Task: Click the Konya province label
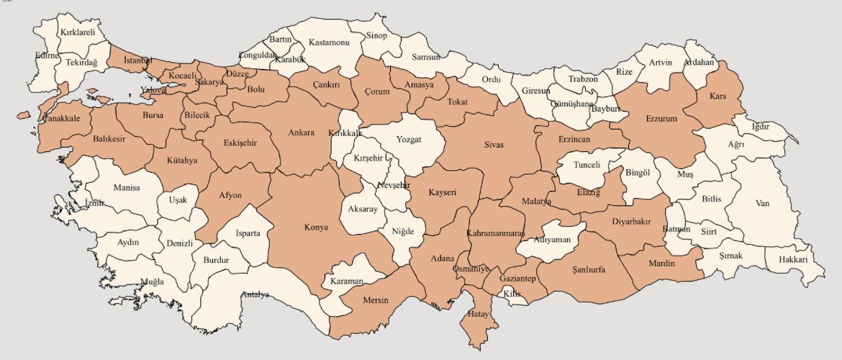pyautogui.click(x=317, y=228)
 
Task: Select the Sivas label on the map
pyautogui.click(x=493, y=145)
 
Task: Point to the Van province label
pyautogui.click(x=763, y=203)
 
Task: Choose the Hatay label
pyautogui.click(x=478, y=315)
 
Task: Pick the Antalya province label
pyautogui.click(x=255, y=294)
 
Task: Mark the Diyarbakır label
pyautogui.click(x=631, y=222)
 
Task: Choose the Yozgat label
pyautogui.click(x=409, y=139)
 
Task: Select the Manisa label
pyautogui.click(x=127, y=189)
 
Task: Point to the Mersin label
pyautogui.click(x=375, y=300)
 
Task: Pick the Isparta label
pyautogui.click(x=253, y=233)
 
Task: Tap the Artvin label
pyautogui.click(x=660, y=62)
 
